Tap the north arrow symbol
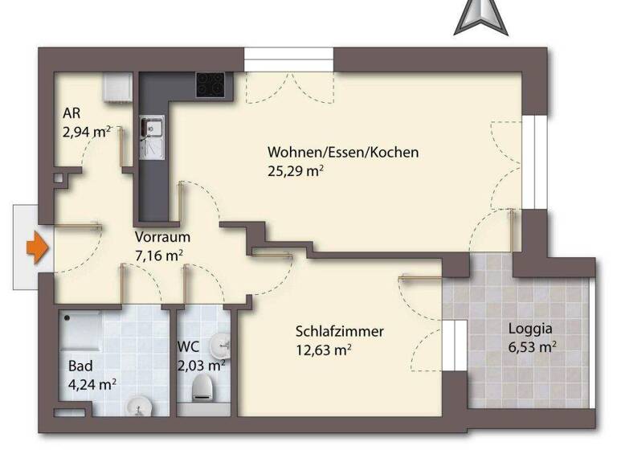tap(480, 17)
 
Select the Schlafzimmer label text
tap(339, 331)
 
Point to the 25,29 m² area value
tap(295, 170)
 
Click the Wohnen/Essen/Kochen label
tap(343, 152)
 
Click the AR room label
tap(71, 112)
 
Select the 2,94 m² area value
tap(86, 131)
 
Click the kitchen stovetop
tap(210, 84)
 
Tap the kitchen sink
tap(150, 126)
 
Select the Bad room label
tap(79, 366)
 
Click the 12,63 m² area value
tap(324, 350)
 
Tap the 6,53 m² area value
tap(532, 347)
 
